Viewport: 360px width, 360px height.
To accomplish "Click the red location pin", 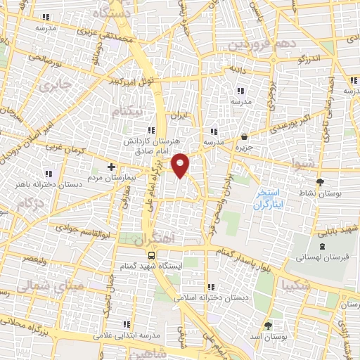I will (181, 165).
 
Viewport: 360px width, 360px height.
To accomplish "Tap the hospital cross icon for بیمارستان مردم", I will (110, 167).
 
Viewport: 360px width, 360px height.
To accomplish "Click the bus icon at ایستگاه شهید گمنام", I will (151, 256).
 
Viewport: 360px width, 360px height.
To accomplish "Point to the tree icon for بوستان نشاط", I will (321, 182).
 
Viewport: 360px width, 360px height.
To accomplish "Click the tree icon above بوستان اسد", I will (268, 326).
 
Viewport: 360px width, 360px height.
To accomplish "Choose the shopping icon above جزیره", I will (243, 137).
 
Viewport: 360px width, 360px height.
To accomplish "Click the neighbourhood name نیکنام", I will (131, 111).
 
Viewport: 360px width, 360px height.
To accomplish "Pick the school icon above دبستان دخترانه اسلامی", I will (211, 286).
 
